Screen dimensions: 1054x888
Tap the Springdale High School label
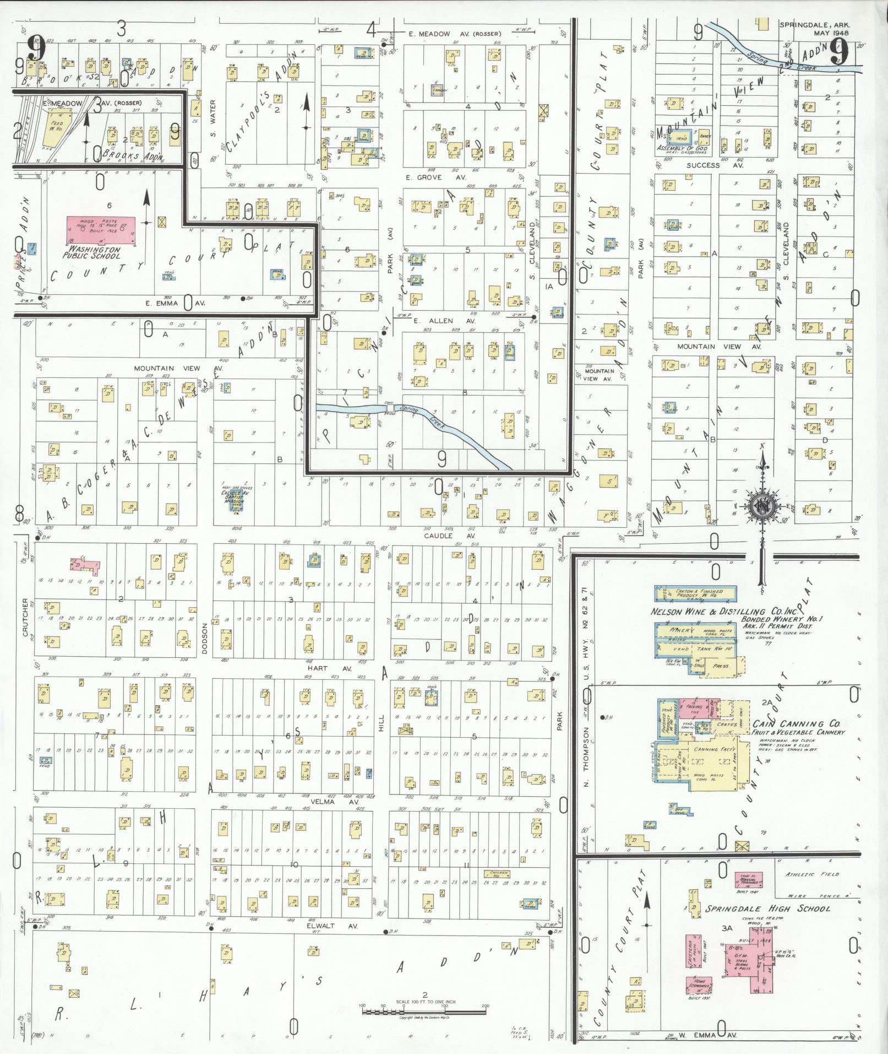[768, 909]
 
